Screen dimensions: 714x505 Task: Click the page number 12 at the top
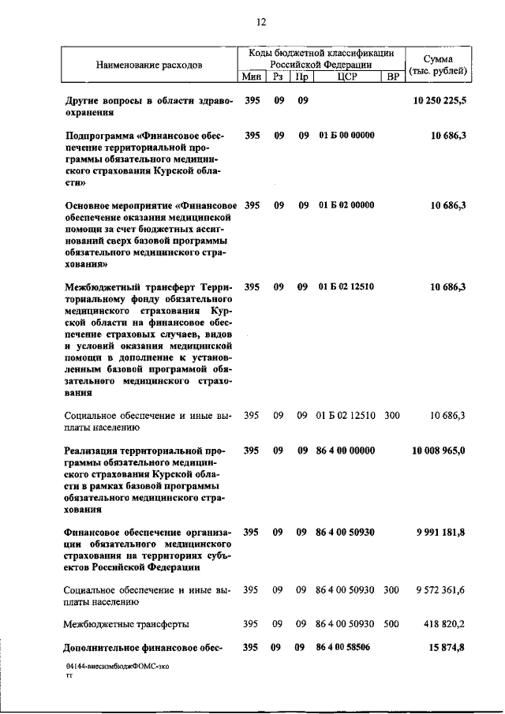click(x=261, y=22)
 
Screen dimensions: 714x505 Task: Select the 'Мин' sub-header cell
click(x=251, y=77)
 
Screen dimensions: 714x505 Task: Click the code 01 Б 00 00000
click(x=346, y=136)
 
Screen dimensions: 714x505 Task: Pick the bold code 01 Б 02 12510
click(x=346, y=287)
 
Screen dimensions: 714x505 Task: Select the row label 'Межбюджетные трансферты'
click(x=126, y=624)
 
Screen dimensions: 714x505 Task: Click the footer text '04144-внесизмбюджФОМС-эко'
click(x=118, y=667)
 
